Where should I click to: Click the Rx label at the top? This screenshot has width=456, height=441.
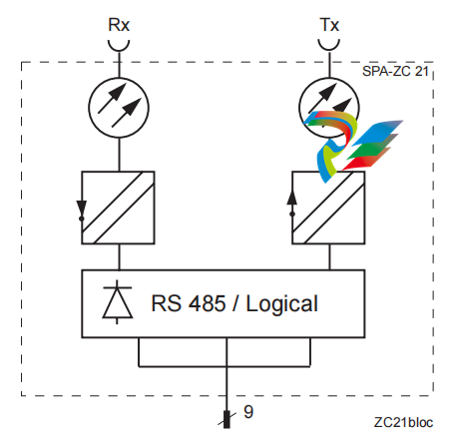tap(119, 25)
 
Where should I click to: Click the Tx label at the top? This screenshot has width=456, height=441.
tap(329, 25)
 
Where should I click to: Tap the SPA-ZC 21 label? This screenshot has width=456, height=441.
tap(395, 71)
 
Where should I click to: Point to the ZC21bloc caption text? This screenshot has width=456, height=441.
tap(403, 422)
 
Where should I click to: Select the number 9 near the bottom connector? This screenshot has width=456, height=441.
tap(248, 412)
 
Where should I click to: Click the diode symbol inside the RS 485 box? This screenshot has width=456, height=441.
tap(117, 302)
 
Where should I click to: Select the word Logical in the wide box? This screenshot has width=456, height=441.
tap(281, 303)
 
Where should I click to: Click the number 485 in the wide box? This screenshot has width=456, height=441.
tap(208, 303)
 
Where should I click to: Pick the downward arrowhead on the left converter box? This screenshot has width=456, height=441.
tap(82, 207)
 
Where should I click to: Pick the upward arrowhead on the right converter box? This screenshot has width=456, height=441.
tap(292, 198)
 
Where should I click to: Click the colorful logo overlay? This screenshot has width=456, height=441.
tap(352, 146)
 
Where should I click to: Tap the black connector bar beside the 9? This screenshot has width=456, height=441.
tap(227, 419)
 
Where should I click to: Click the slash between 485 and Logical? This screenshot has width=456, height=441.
tap(235, 303)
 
